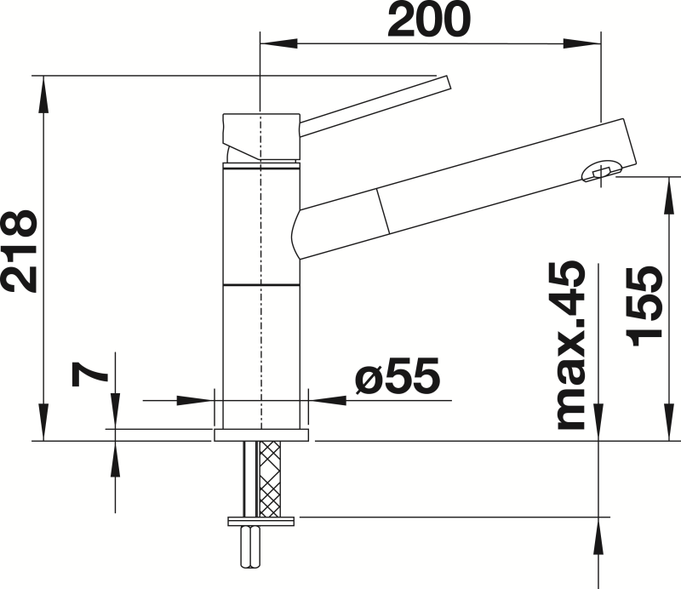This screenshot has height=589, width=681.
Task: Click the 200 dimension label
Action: pyautogui.click(x=429, y=19)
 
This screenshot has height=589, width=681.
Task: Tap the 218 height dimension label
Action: pyautogui.click(x=19, y=251)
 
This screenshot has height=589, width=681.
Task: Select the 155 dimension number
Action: pyautogui.click(x=644, y=306)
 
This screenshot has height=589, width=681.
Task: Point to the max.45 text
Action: pyautogui.click(x=571, y=346)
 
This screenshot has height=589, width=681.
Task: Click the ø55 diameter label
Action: pyautogui.click(x=397, y=375)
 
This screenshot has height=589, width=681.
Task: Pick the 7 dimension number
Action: pyautogui.click(x=89, y=374)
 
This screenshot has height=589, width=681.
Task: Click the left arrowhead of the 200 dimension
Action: pyautogui.click(x=278, y=43)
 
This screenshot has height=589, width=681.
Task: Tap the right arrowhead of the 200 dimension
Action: pyautogui.click(x=582, y=43)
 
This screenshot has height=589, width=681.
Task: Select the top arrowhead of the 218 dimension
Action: pyautogui.click(x=43, y=94)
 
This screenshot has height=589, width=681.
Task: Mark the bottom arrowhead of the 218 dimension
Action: pyautogui.click(x=43, y=422)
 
